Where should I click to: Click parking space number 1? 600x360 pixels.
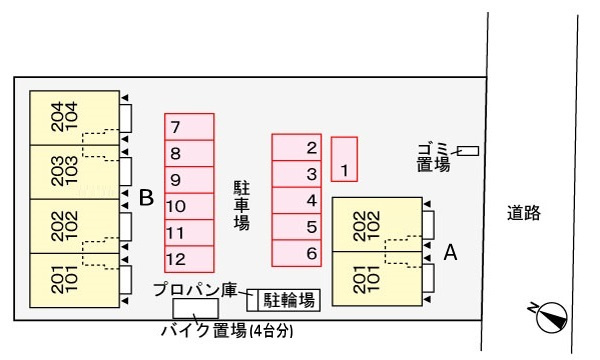pyautogui.click(x=344, y=160)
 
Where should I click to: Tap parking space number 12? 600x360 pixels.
pyautogui.click(x=189, y=259)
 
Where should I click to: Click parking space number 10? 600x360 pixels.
pyautogui.click(x=189, y=206)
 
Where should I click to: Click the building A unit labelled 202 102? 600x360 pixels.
pyautogui.click(x=376, y=225)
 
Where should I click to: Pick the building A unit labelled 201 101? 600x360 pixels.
pyautogui.click(x=376, y=278)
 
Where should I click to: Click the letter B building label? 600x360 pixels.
pyautogui.click(x=146, y=198)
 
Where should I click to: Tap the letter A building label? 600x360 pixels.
pyautogui.click(x=450, y=253)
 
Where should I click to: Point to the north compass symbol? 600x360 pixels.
pyautogui.click(x=548, y=317)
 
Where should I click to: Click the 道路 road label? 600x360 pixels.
pyautogui.click(x=523, y=212)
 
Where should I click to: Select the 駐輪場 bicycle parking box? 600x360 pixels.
pyautogui.click(x=290, y=299)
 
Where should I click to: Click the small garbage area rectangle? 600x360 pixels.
pyautogui.click(x=468, y=151)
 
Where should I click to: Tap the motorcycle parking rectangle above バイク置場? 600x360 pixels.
pyautogui.click(x=195, y=309)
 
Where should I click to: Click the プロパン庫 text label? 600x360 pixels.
pyautogui.click(x=195, y=290)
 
